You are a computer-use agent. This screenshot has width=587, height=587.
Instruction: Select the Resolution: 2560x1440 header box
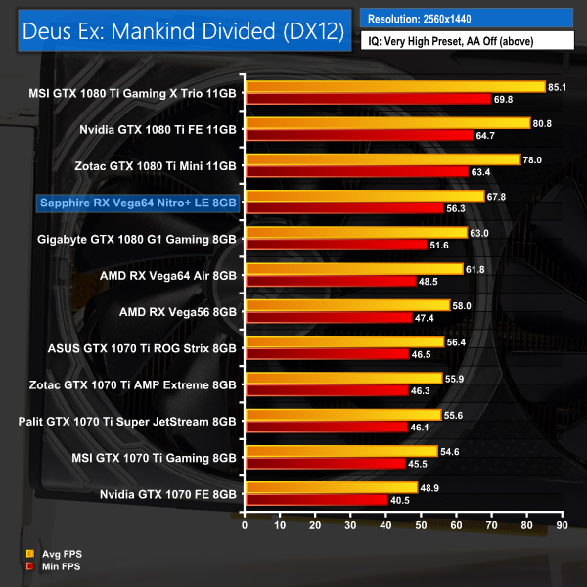pos(466,19)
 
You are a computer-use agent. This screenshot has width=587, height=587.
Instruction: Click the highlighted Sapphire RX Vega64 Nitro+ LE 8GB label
pos(137,203)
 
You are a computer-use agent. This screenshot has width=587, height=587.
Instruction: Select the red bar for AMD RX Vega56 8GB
pos(328,317)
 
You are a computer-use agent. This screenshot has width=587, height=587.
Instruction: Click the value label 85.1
pos(558,87)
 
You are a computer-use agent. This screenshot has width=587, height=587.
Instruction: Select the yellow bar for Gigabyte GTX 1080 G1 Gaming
pos(355,233)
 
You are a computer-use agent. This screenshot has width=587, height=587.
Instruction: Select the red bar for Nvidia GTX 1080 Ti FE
pos(358,135)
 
